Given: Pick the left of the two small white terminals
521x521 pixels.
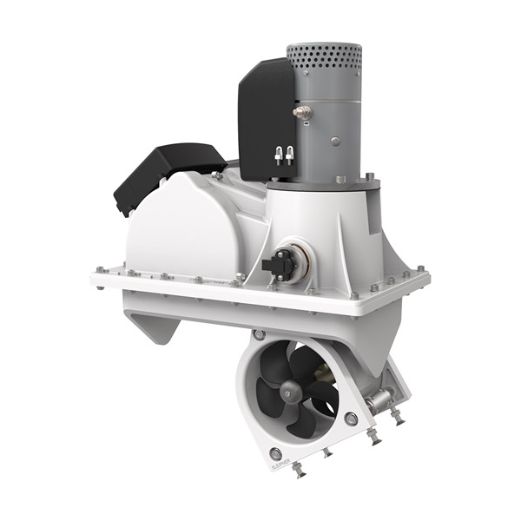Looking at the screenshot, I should tap(279, 155).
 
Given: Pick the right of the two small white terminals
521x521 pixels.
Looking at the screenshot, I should tap(289, 155).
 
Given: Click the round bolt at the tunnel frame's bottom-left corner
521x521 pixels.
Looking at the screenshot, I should tap(275, 453).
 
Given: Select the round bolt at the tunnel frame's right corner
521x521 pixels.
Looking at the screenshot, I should tap(351, 419).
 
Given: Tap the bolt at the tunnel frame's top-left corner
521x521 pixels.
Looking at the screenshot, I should tap(260, 334).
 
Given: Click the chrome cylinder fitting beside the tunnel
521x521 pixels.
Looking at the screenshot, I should tap(379, 402).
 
